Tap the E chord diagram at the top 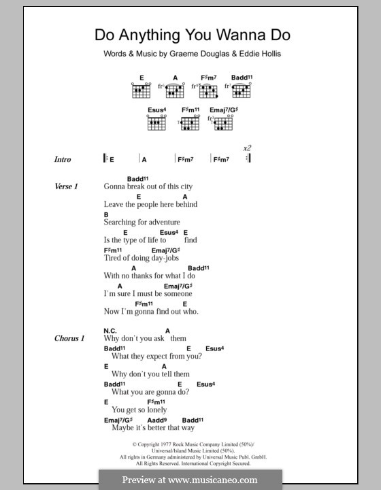tap(141, 89)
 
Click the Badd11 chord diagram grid tap(242, 89)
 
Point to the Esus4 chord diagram tap(156, 123)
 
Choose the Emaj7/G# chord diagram tap(224, 123)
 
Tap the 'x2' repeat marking tap(246, 148)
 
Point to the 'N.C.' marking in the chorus tap(112, 331)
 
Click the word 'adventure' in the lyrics tap(161, 222)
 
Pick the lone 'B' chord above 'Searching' tap(106, 214)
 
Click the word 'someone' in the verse tap(176, 293)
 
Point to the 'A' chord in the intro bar tap(144, 159)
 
